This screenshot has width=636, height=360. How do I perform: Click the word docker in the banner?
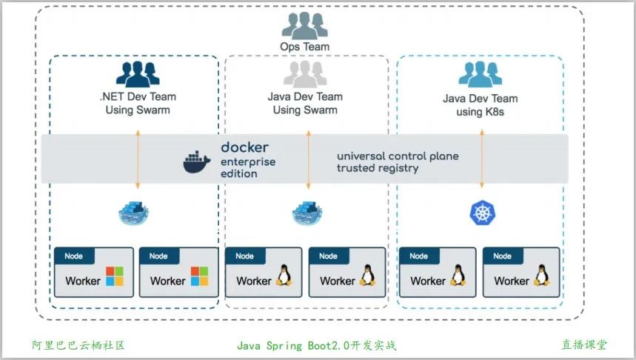pos(244,147)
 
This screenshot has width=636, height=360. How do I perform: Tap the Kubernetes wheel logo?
pos(482,213)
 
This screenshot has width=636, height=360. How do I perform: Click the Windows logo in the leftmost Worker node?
pos(115,276)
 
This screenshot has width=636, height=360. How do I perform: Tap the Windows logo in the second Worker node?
pos(200,276)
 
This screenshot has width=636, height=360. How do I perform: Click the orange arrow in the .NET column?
pos(138,159)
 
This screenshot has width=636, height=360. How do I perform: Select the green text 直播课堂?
pos(583,345)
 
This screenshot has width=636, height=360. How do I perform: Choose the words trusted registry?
pos(378,168)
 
